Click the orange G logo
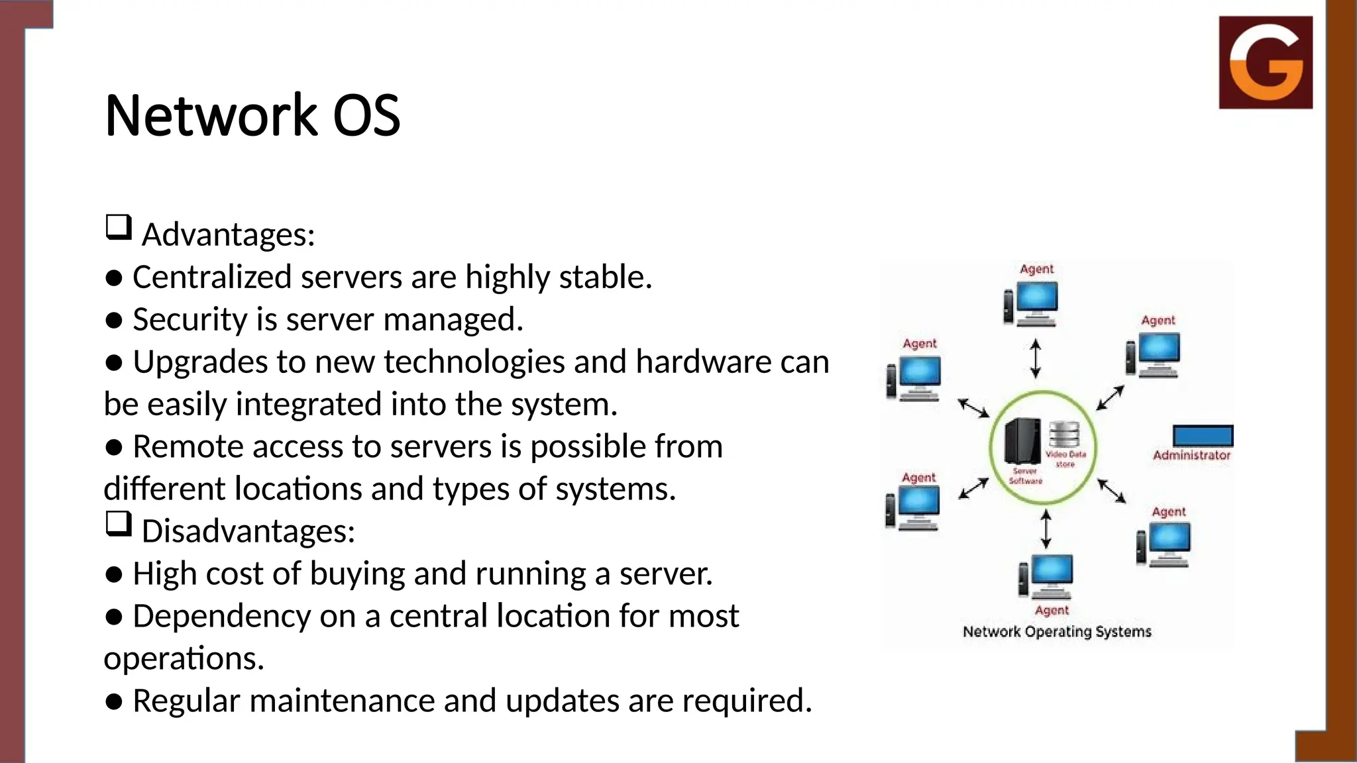(x=1266, y=62)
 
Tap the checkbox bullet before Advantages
(x=119, y=228)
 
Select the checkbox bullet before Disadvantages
(x=119, y=525)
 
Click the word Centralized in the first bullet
(x=211, y=277)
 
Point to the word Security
(x=190, y=319)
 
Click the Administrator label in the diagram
(x=1191, y=455)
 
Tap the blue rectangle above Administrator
(x=1203, y=436)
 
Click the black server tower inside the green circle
(x=1022, y=441)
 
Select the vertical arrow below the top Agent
(x=1036, y=358)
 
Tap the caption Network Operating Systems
(x=1057, y=631)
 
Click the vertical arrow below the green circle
(x=1046, y=529)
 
